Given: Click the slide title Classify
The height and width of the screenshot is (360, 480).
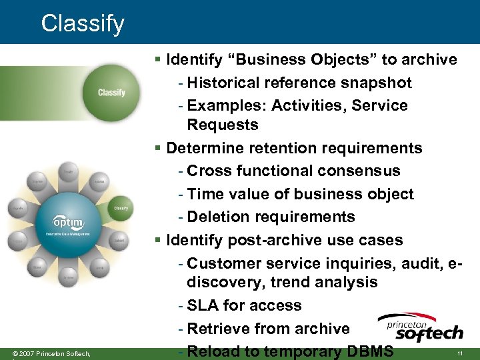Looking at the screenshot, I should pos(83,24).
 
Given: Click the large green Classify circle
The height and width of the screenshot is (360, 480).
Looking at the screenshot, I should pos(111,93).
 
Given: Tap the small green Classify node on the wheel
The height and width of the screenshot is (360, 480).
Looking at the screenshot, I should pos(120,208).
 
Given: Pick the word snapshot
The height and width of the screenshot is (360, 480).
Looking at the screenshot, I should pos(377,83).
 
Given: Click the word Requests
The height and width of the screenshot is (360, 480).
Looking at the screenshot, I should pos(222,125).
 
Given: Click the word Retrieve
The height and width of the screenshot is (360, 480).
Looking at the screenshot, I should pos(217,329).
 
